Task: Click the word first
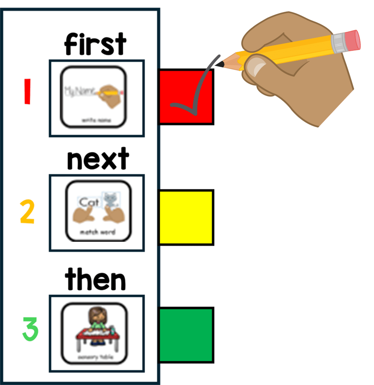(x=95, y=44)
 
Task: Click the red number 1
(x=27, y=91)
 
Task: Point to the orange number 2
(x=27, y=212)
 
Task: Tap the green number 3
(x=30, y=329)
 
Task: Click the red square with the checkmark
(x=186, y=97)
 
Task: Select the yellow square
(x=186, y=217)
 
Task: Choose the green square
(x=186, y=335)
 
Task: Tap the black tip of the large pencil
(x=219, y=65)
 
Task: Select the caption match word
(x=98, y=232)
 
